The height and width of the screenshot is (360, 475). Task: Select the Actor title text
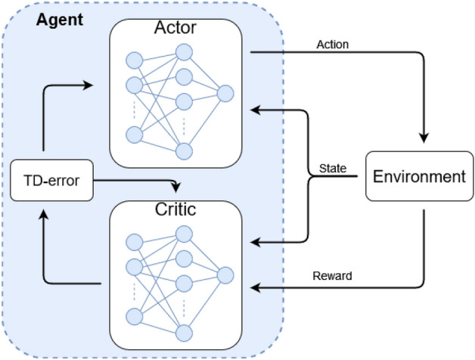[x=175, y=28]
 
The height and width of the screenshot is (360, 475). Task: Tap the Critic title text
[x=175, y=209]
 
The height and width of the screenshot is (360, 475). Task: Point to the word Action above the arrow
[x=332, y=45]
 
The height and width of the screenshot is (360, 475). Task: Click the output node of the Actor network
[x=225, y=94]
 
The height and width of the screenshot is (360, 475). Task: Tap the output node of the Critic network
[x=225, y=275]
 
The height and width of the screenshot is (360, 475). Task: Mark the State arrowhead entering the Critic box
[x=255, y=242]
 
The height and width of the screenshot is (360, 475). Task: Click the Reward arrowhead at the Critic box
[x=255, y=287]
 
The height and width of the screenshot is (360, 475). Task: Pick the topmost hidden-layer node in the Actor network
[x=184, y=52]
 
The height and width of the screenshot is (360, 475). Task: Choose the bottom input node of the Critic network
[x=135, y=315]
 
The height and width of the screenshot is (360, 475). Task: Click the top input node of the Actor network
[x=135, y=60]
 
